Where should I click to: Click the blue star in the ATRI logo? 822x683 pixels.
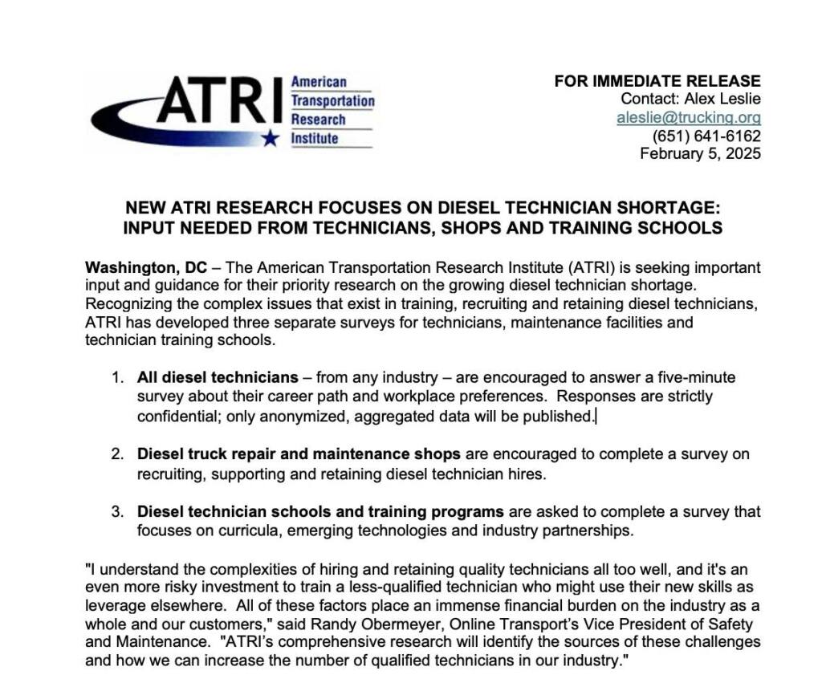[x=271, y=139]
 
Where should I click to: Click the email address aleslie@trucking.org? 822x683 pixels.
[x=688, y=117]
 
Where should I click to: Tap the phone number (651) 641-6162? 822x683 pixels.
[x=706, y=136]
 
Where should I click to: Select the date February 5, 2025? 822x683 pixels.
[x=700, y=153]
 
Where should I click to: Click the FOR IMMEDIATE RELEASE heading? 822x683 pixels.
[x=657, y=81]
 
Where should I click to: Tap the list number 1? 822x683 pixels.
[x=117, y=377]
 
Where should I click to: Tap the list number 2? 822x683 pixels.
[x=117, y=454]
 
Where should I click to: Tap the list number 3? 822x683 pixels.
[x=117, y=512]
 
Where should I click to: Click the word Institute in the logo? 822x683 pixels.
[x=315, y=139]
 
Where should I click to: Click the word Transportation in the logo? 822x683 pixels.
[x=332, y=101]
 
